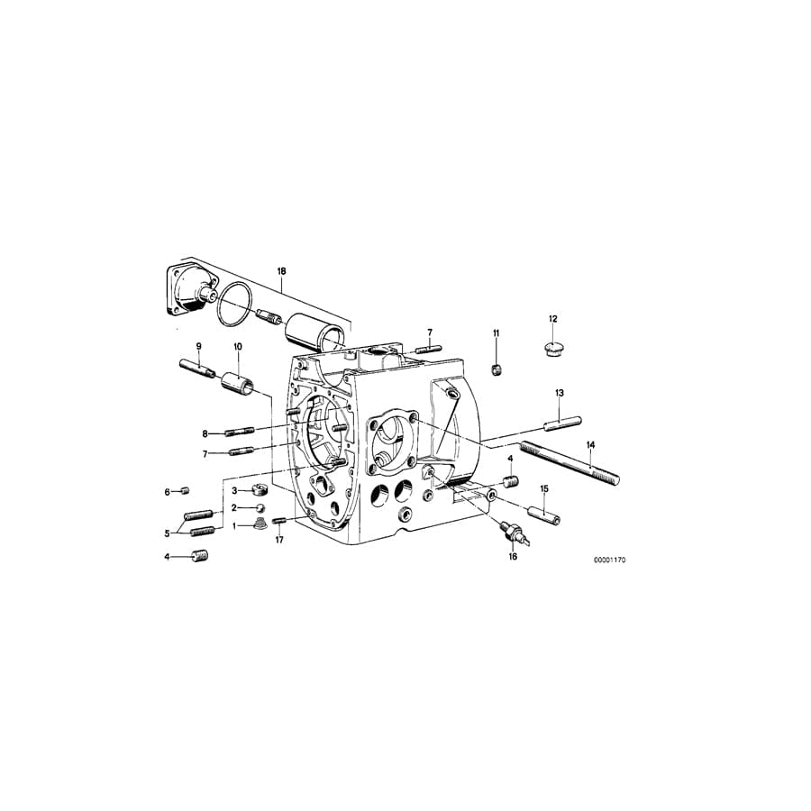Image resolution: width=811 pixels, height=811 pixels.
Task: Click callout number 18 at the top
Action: click(x=281, y=271)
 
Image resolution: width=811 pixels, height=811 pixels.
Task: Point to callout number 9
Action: click(x=199, y=346)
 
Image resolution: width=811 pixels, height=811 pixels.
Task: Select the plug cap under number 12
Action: click(x=553, y=348)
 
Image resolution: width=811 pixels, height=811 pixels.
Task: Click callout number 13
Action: click(x=560, y=393)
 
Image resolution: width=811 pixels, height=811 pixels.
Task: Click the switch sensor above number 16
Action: click(x=514, y=532)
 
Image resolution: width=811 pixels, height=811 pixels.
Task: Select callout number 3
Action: click(x=234, y=490)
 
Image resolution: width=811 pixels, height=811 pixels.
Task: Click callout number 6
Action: click(x=167, y=491)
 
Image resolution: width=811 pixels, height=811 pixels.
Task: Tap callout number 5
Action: click(x=167, y=533)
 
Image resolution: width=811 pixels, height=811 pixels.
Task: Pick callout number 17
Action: click(x=279, y=541)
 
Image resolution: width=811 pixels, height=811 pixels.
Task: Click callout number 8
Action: click(x=205, y=433)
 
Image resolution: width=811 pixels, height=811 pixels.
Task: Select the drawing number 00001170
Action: click(x=609, y=560)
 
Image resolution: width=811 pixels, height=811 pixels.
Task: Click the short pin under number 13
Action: click(x=560, y=419)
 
